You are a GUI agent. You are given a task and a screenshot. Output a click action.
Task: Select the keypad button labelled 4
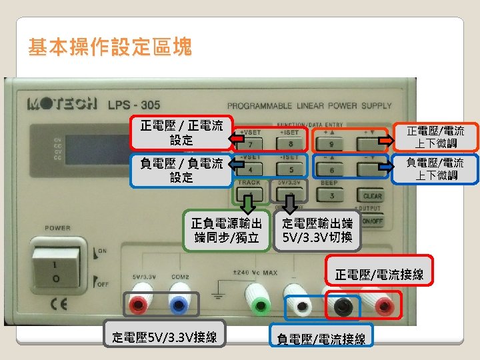tap(251, 170)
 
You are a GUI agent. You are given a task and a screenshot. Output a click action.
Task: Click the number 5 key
tap(291, 170)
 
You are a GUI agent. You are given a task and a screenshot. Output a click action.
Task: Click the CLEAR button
tap(372, 196)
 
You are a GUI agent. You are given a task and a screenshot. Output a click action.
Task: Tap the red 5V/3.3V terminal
tap(139, 305)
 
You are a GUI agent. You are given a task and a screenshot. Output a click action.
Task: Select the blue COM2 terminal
tap(179, 305)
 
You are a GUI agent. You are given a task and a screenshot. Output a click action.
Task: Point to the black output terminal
tap(343, 306)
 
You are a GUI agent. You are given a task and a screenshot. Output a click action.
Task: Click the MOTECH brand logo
tap(62, 105)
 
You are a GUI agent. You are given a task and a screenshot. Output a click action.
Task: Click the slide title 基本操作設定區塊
tap(110, 47)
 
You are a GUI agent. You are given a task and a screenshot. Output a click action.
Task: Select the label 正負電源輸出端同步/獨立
tap(226, 229)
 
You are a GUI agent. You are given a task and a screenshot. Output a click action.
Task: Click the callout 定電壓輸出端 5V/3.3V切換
tap(317, 229)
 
